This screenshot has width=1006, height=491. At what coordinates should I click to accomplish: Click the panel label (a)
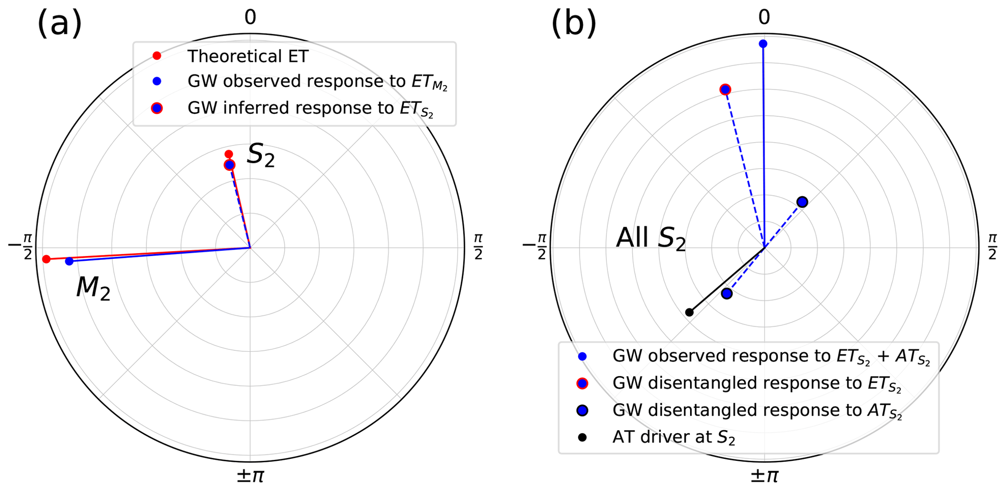coord(59,23)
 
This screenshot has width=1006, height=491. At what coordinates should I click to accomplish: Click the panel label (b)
coord(573,23)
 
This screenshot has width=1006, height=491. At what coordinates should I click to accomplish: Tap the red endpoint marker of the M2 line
coord(46,259)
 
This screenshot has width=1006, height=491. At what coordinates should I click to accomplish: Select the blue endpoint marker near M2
coord(69,261)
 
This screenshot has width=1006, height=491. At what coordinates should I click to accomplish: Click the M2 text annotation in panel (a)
coord(93,288)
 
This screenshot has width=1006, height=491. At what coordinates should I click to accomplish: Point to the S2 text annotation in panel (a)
coord(261,155)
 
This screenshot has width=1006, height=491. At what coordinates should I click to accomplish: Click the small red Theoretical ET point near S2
coord(229,154)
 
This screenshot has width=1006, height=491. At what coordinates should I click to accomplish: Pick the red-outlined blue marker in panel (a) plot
coord(229,165)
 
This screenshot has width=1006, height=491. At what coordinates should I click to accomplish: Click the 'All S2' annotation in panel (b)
coord(651,238)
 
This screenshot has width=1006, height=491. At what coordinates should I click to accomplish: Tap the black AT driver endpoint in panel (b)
coord(689,312)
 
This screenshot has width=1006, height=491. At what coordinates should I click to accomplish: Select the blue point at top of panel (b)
coord(763,44)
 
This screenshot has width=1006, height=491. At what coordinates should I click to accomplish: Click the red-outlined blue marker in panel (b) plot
coord(725,89)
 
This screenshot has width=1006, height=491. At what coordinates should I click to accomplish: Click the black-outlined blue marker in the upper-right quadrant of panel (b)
coord(802,202)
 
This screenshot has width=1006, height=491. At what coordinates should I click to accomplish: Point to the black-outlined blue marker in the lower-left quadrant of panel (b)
coord(727,293)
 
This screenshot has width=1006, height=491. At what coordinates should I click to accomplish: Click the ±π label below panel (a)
coord(250,475)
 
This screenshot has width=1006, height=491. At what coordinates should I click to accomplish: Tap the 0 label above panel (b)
coord(764,18)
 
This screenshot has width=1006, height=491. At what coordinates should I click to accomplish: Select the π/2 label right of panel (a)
coord(478,247)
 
